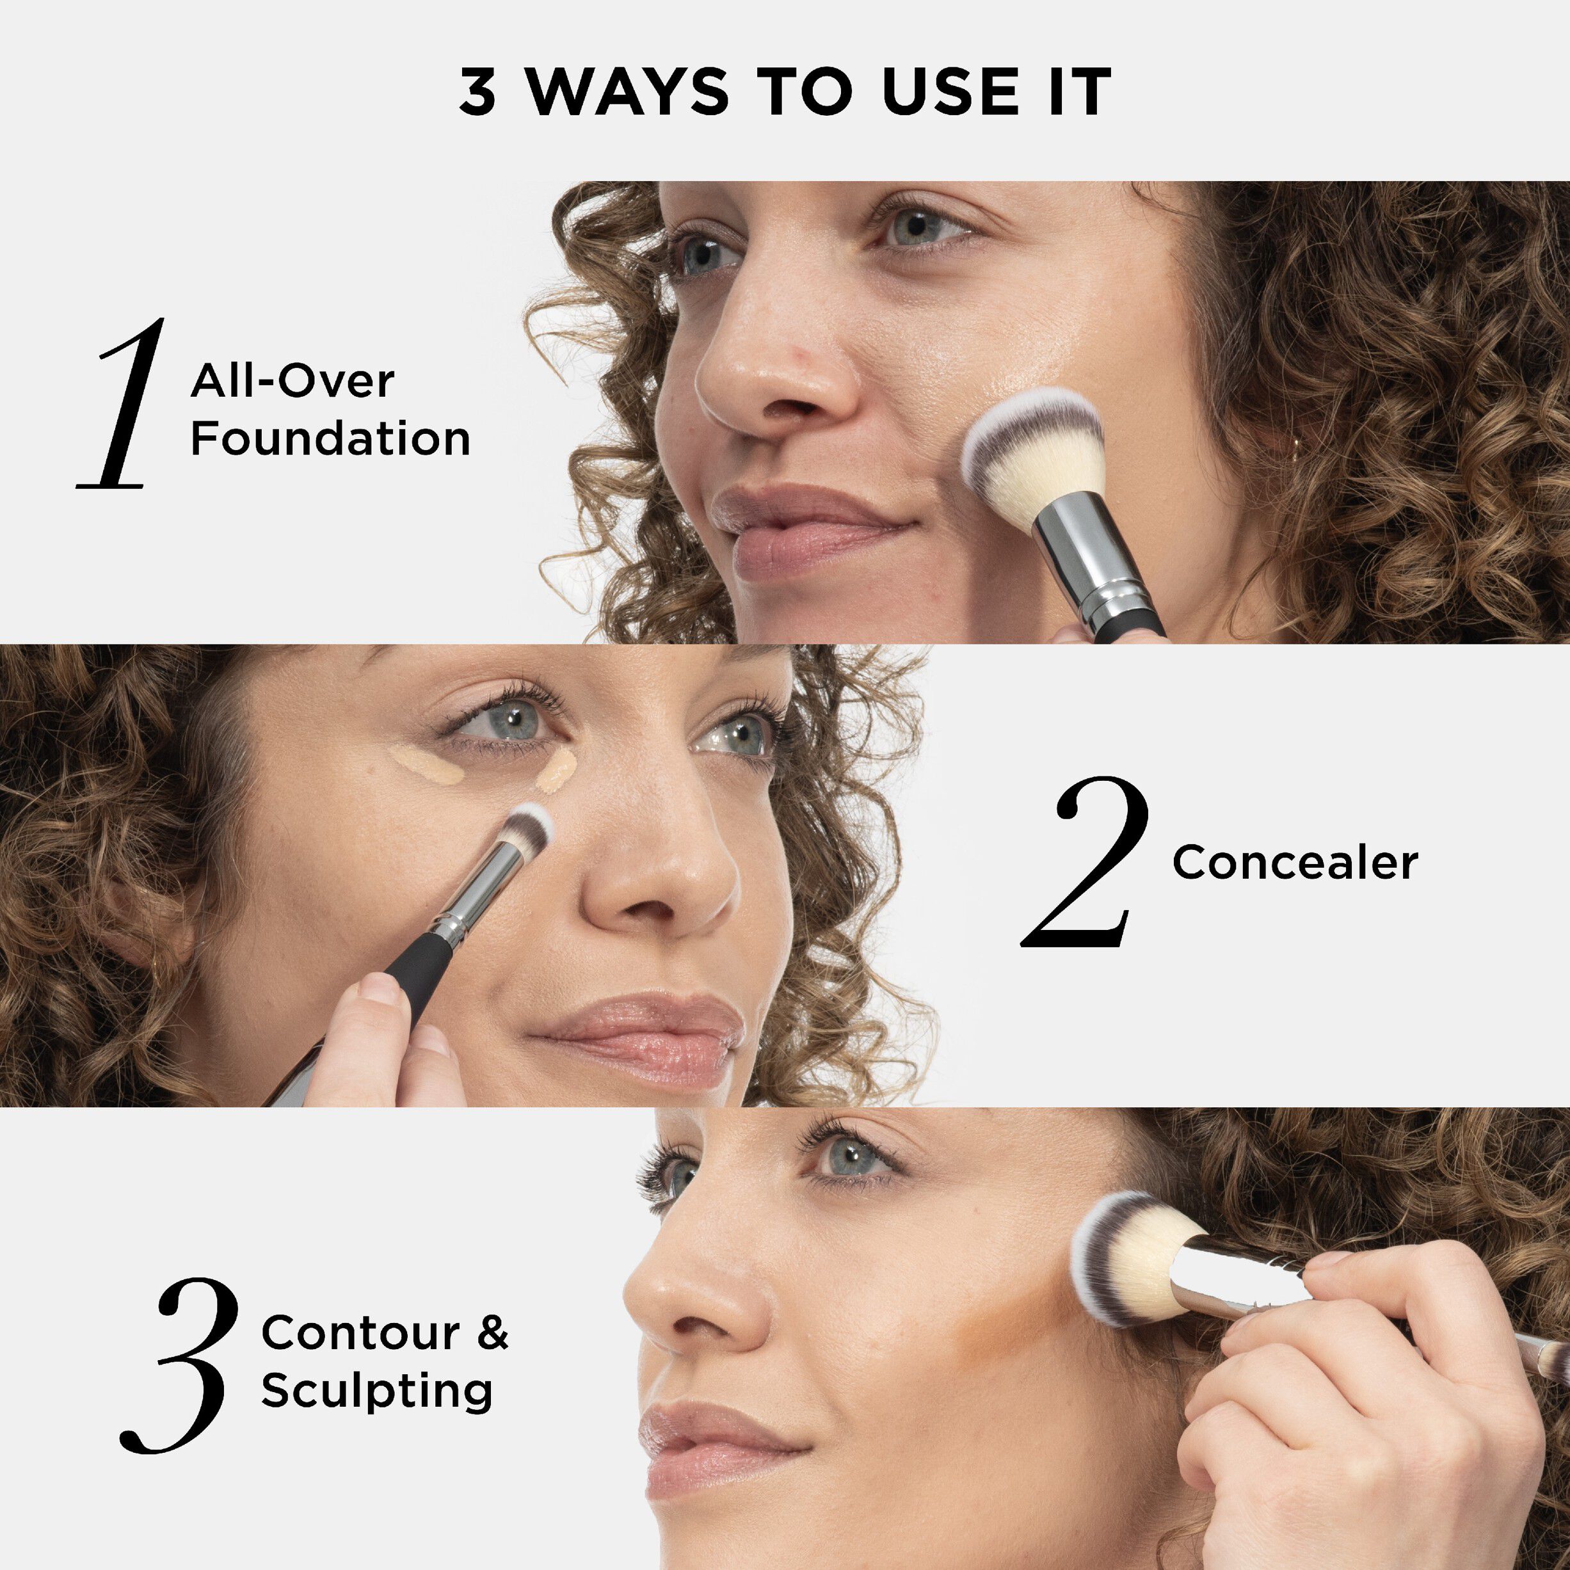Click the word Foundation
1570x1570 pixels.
[x=330, y=439]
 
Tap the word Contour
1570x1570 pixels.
[x=360, y=1333]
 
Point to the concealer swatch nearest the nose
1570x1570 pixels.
[x=556, y=771]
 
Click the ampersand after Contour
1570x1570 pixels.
[x=492, y=1333]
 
